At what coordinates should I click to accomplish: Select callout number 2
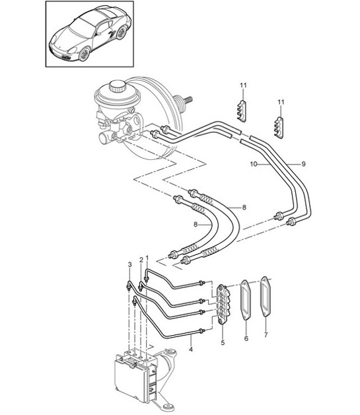141,260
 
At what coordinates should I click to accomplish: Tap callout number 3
129,265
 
